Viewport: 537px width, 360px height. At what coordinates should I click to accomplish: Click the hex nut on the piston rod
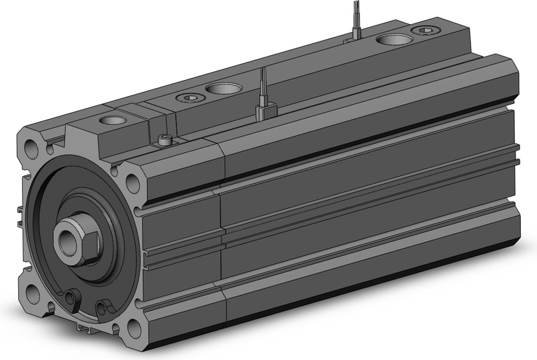click(x=78, y=238)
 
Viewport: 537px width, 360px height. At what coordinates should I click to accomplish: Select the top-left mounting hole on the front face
click(x=30, y=146)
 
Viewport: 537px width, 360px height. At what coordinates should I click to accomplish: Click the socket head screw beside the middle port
click(x=189, y=98)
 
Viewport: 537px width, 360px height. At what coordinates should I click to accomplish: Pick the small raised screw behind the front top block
click(x=164, y=140)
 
